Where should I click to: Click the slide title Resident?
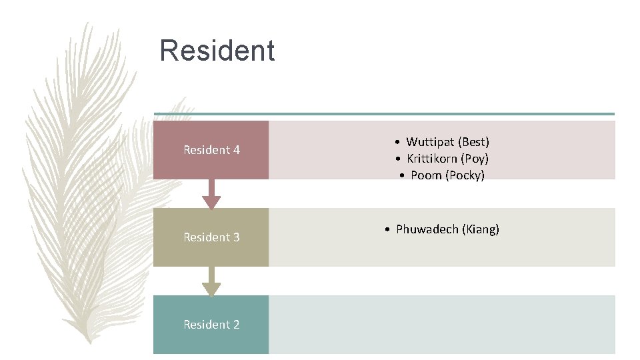(x=217, y=51)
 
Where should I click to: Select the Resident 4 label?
(x=211, y=150)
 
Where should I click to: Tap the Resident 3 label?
(x=211, y=237)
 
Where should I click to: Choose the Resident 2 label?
(x=211, y=325)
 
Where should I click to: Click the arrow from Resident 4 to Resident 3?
(x=211, y=195)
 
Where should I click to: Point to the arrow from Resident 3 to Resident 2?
(x=211, y=282)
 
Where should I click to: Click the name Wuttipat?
(x=430, y=142)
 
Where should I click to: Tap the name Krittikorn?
(x=432, y=159)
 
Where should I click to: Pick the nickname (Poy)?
(x=475, y=159)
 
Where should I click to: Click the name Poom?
(x=426, y=175)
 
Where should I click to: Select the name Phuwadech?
(x=427, y=229)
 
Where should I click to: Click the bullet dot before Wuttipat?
(x=397, y=143)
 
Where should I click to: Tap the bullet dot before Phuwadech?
(x=387, y=230)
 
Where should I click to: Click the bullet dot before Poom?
(x=402, y=176)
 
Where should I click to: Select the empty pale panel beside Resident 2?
(x=441, y=325)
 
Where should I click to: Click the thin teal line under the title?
(x=383, y=114)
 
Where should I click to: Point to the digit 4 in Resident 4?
(x=236, y=150)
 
